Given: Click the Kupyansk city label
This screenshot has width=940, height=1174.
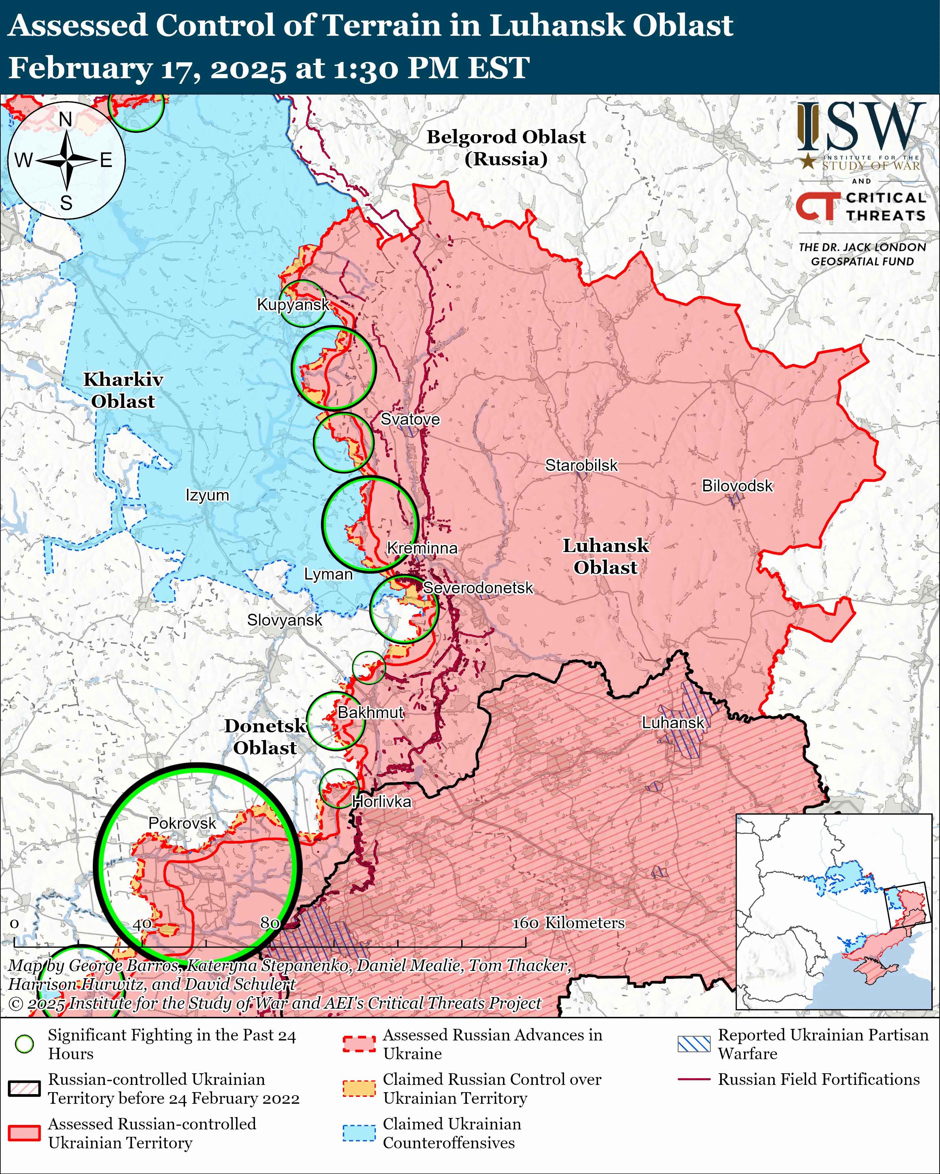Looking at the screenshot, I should pos(293,305).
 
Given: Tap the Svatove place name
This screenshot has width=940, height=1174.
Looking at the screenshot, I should pos(410,419).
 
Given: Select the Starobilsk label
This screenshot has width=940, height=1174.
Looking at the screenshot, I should pos(582,466).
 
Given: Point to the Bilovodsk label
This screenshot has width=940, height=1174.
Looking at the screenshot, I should pos(737,486).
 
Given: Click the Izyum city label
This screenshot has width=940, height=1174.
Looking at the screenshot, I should pos(207,495).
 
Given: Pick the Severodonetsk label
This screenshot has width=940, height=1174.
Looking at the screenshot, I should pos(478,588).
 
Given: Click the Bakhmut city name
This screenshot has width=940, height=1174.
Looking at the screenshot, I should pos(371,712).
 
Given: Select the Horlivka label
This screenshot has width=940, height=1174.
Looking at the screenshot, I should pos(381,802).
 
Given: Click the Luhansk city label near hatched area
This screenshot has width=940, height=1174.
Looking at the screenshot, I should pos(673,723).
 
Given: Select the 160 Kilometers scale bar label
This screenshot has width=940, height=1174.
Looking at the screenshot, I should pos(568,922).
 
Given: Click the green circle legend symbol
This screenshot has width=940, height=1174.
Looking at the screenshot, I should pos(24,1044).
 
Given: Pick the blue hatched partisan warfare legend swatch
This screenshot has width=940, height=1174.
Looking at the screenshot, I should pos(694,1044).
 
